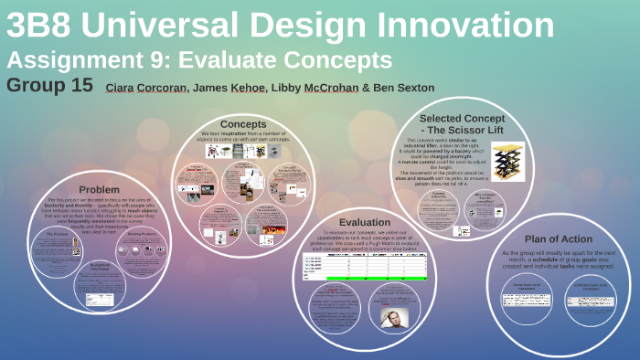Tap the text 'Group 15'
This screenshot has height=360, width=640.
coord(49,86)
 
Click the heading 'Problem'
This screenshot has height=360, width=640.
coord(99,189)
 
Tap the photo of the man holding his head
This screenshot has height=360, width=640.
coord(393,315)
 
